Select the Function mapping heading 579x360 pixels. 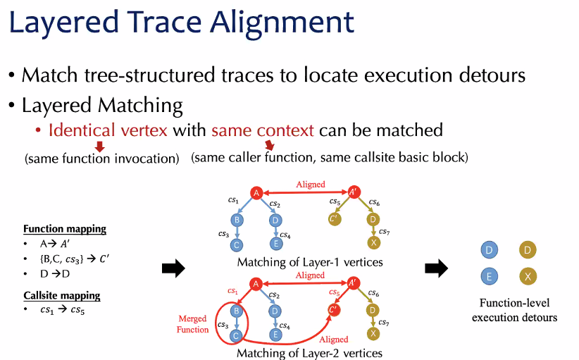pos(64,229)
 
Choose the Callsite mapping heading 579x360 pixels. pos(61,296)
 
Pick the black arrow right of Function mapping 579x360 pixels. pos(173,268)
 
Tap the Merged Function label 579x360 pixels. pos(193,324)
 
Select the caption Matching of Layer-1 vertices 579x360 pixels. pos(310,262)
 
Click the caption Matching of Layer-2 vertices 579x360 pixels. pos(310,353)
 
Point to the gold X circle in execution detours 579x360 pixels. pos(528,277)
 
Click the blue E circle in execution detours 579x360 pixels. pos(489,277)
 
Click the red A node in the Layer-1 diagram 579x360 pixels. pos(257,192)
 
